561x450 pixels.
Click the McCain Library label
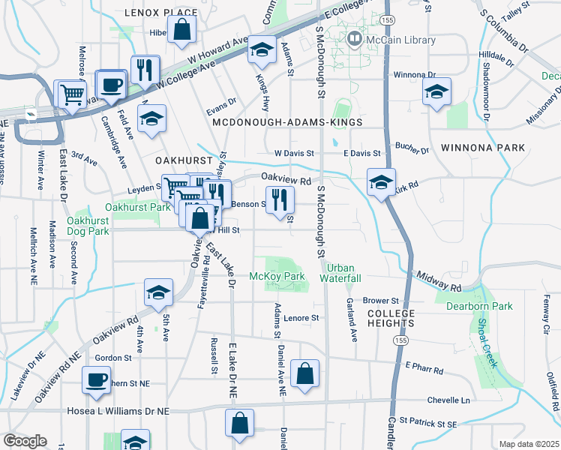point(383,38)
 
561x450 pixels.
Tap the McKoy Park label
point(277,277)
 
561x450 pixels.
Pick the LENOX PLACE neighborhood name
point(161,13)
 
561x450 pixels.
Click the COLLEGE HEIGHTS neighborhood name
point(390,318)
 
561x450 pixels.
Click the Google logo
point(24,441)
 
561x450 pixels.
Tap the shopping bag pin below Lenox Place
point(181,30)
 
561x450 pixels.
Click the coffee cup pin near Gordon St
point(97,379)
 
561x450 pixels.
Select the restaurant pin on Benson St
point(280,199)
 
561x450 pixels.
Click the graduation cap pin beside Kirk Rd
point(381,182)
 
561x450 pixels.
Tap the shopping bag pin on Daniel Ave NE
point(304,373)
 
